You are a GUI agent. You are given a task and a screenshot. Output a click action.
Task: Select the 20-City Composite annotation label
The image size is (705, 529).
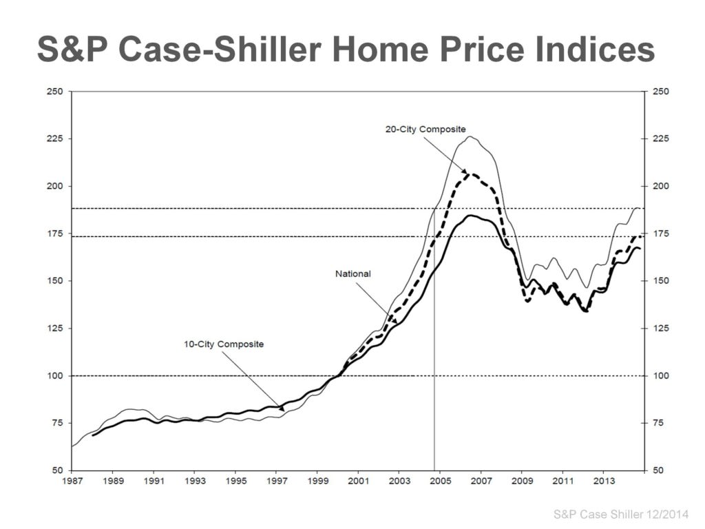click(x=425, y=129)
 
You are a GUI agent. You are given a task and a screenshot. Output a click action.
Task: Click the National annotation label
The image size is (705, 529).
click(x=352, y=273)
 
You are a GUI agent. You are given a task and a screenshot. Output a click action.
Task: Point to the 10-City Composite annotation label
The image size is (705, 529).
click(x=224, y=344)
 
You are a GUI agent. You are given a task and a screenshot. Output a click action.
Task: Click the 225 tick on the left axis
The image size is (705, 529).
click(x=54, y=138)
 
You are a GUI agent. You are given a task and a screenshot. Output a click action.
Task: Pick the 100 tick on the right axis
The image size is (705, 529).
click(x=659, y=375)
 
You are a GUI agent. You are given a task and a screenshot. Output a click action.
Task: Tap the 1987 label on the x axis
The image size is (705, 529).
click(x=72, y=480)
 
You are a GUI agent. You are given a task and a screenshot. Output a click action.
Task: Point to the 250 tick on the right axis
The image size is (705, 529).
click(x=659, y=92)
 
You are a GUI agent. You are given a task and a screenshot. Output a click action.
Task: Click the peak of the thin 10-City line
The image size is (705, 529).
click(x=470, y=136)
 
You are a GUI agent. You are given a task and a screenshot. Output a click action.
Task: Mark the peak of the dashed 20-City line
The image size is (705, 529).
click(x=472, y=174)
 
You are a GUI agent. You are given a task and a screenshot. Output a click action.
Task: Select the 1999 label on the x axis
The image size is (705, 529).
click(x=317, y=480)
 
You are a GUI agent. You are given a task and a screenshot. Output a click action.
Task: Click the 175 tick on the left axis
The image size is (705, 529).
click(x=54, y=234)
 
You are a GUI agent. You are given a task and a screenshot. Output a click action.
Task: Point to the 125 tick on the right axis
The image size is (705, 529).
click(x=659, y=328)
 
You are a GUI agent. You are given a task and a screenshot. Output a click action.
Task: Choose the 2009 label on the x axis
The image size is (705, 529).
click(x=523, y=480)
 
